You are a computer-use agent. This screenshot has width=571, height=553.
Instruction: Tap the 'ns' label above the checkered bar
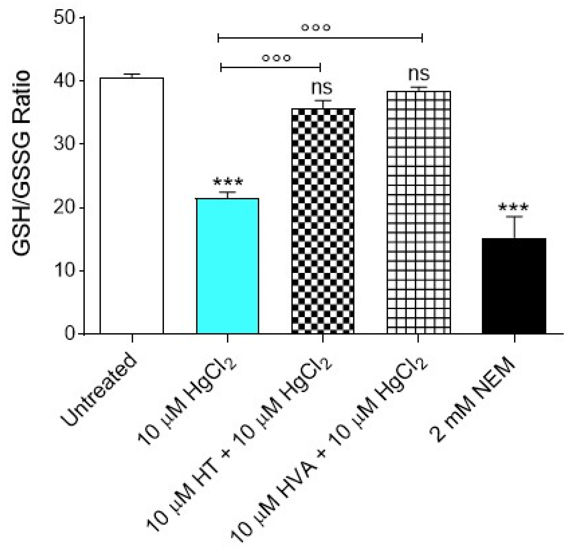[322, 88]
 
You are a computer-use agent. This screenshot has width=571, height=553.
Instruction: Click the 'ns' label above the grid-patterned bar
[419, 74]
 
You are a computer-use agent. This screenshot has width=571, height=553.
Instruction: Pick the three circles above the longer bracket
[316, 27]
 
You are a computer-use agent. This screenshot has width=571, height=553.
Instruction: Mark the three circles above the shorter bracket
[277, 58]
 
